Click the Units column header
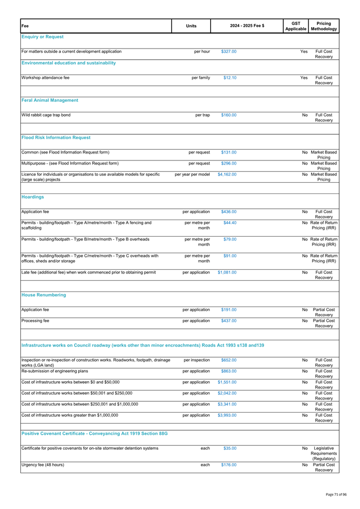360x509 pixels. pos(191,23)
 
